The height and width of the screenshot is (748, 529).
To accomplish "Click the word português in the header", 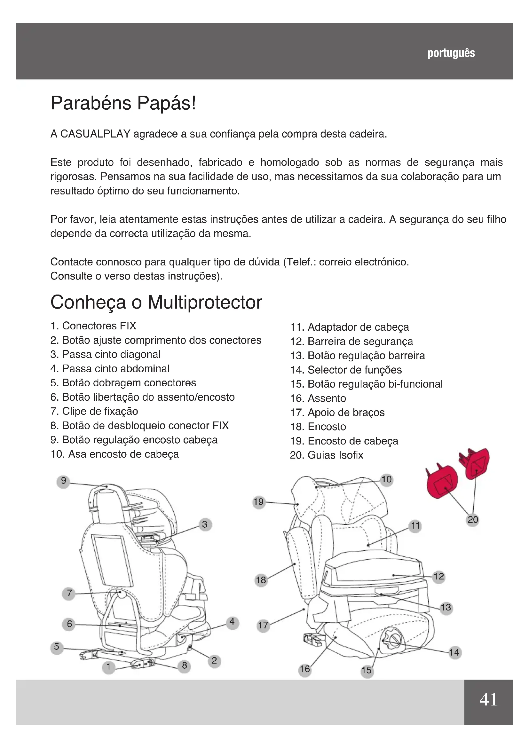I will tap(451, 53).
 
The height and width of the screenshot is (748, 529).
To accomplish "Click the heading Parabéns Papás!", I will tap(123, 104).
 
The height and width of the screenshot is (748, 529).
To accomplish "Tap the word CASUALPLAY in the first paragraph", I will tap(95, 134).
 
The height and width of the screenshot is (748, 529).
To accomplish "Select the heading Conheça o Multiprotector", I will tap(156, 302).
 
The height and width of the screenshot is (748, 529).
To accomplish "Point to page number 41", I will tap(488, 699).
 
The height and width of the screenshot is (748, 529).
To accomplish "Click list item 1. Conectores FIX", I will tap(93, 326).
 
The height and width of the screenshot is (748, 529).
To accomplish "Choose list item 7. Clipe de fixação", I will tap(94, 412).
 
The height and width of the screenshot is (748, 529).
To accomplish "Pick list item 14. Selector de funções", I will tap(346, 370).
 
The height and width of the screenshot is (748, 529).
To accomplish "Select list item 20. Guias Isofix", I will tap(327, 455).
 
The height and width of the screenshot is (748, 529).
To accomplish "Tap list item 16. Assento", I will tap(318, 398).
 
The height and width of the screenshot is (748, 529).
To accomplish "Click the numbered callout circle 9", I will tap(64, 481).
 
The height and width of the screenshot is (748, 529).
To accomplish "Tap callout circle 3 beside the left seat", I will tap(205, 524).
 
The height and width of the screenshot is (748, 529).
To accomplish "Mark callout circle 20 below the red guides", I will tap(473, 520).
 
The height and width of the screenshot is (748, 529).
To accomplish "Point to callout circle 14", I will tap(454, 653).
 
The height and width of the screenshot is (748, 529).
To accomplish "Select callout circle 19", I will tap(259, 502).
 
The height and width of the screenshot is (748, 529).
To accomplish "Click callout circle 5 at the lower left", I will tap(57, 647).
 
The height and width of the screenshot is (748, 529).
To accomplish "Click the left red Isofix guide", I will tap(442, 481).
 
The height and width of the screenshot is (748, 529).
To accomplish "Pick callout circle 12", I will tap(439, 576).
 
